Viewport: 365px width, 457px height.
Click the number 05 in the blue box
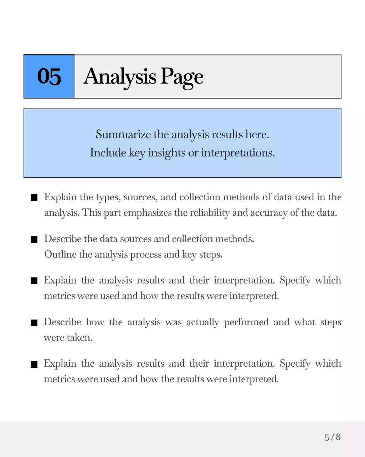pyautogui.click(x=49, y=76)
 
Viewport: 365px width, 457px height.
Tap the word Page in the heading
pyautogui.click(x=182, y=77)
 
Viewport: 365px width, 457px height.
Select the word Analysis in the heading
pyautogui.click(x=120, y=77)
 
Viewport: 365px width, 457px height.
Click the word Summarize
pyautogui.click(x=123, y=135)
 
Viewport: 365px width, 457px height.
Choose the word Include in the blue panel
pyautogui.click(x=108, y=153)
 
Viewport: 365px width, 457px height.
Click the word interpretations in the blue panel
pyautogui.click(x=238, y=153)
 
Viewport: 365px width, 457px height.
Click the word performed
pyautogui.click(x=246, y=322)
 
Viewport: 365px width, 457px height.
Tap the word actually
pyautogui.click(x=202, y=322)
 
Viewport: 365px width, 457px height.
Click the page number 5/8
pyautogui.click(x=333, y=437)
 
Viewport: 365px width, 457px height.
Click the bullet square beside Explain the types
pyautogui.click(x=34, y=198)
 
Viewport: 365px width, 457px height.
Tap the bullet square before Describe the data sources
pyautogui.click(x=34, y=240)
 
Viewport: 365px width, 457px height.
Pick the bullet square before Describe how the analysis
pyautogui.click(x=34, y=323)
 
